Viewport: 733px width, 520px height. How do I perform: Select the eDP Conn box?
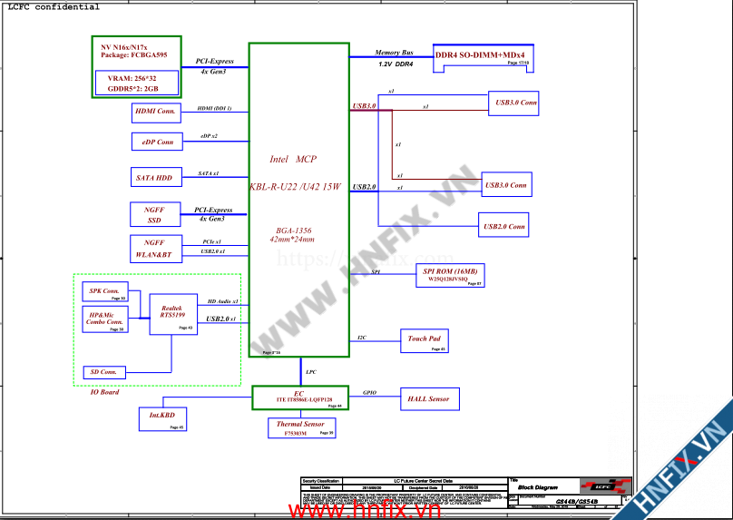pyautogui.click(x=157, y=142)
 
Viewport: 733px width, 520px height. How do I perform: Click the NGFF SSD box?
pyautogui.click(x=155, y=215)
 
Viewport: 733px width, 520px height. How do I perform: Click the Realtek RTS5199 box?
pyautogui.click(x=172, y=314)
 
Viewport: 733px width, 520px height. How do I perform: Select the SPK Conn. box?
pyautogui.click(x=104, y=292)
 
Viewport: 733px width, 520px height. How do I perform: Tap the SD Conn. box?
pyautogui.click(x=103, y=372)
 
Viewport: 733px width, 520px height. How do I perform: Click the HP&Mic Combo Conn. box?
pyautogui.click(x=104, y=319)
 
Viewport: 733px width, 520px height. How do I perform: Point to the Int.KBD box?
pyautogui.click(x=162, y=418)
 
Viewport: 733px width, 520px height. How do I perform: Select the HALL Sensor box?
pyautogui.click(x=428, y=398)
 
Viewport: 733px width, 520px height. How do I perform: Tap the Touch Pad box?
pyautogui.click(x=425, y=341)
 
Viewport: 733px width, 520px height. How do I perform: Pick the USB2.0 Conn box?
pyautogui.click(x=504, y=225)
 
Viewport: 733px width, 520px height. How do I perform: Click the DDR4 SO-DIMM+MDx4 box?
pyautogui.click(x=481, y=57)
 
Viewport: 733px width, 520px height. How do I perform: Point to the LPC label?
pyautogui.click(x=311, y=372)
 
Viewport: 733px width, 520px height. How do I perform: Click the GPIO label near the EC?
pyautogui.click(x=369, y=393)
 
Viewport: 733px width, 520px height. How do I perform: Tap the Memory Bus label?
pyautogui.click(x=394, y=54)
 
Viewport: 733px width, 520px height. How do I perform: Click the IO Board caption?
pyautogui.click(x=104, y=392)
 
